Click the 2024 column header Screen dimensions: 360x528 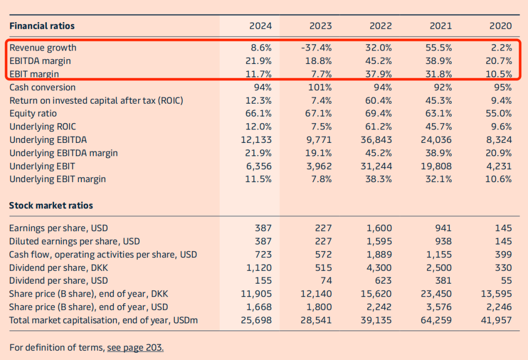[x=260, y=26]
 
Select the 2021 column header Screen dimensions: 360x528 [x=440, y=26]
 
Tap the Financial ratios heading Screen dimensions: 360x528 [x=42, y=26]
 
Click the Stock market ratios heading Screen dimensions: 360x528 [x=51, y=205]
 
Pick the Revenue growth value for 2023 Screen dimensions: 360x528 [x=317, y=48]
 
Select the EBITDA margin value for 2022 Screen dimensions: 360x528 [x=377, y=61]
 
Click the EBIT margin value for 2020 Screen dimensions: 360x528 [x=499, y=74]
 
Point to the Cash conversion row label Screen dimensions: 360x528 [x=42, y=87]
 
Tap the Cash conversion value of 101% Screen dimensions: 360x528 [x=320, y=87]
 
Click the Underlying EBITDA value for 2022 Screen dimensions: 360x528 [x=376, y=140]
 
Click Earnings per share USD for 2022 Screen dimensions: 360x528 [x=379, y=228]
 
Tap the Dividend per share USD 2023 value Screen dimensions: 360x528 [x=325, y=281]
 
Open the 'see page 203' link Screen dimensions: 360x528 [x=135, y=347]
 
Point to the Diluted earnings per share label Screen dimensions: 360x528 [x=74, y=241]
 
